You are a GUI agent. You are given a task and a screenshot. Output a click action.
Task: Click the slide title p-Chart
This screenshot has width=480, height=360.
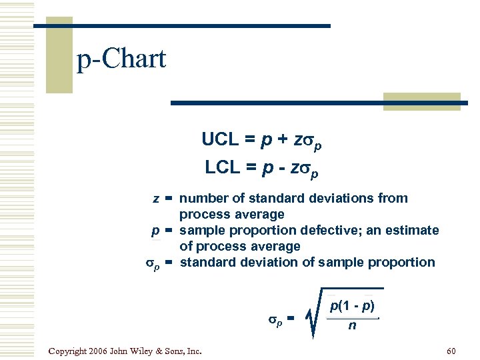pyautogui.click(x=121, y=60)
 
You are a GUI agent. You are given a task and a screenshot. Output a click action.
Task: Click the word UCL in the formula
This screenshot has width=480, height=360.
pyautogui.click(x=219, y=140)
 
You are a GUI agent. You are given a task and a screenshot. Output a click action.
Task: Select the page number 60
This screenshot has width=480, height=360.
pyautogui.click(x=451, y=351)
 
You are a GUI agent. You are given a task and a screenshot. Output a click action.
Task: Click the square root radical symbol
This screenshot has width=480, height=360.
pyautogui.click(x=314, y=313)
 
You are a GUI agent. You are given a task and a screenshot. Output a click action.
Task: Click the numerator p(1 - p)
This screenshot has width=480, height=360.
pyautogui.click(x=352, y=307)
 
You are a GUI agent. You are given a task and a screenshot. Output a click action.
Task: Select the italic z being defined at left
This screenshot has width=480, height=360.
pyautogui.click(x=155, y=199)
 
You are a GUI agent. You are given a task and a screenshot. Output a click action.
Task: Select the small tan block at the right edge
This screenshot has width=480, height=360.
pyautogui.click(x=421, y=101)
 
